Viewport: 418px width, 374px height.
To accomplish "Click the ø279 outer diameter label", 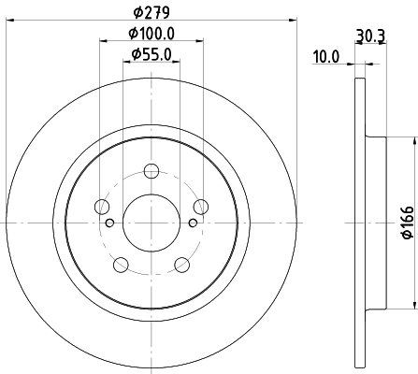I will pos(151,13).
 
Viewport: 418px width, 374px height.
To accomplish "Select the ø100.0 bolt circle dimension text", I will pos(151,35).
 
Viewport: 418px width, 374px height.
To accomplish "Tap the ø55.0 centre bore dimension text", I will pos(151,55).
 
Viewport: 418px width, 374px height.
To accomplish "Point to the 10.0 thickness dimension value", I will pos(324,58).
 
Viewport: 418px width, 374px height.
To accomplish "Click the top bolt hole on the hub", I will pos(151,172).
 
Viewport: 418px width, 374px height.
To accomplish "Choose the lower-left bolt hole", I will pos(121,265).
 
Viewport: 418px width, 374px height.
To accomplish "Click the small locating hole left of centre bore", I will pos(109,223).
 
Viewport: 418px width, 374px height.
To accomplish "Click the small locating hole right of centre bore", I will pos(192,223).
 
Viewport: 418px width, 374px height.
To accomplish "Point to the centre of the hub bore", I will pos(151,223).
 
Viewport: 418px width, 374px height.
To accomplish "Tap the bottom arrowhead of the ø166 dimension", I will pos(412,307).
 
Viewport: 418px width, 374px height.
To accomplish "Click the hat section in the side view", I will pos(375,223).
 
